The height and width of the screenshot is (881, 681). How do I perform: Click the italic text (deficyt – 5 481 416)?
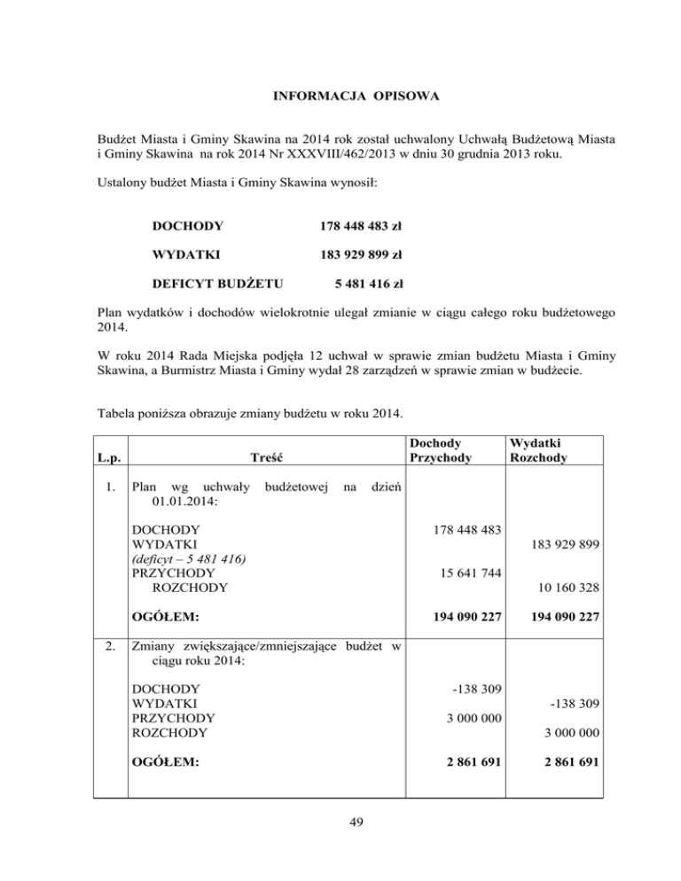[x=189, y=558]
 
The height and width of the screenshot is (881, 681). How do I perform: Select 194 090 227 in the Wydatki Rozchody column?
[x=555, y=614]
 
